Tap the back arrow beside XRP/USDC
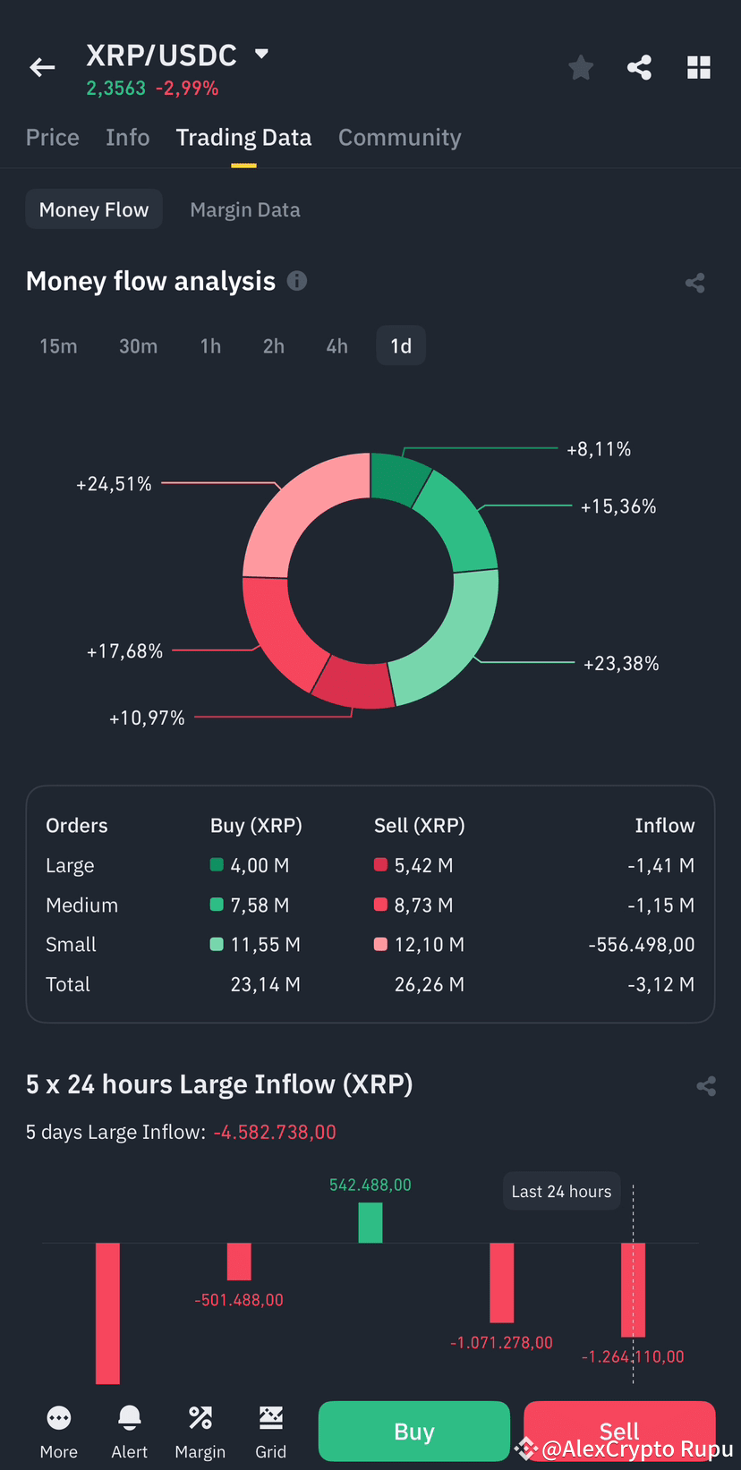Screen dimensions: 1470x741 point(42,67)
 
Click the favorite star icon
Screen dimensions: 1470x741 point(581,67)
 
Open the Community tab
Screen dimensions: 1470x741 point(399,138)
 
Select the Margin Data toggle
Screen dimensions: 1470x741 point(245,210)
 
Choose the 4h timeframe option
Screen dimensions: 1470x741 point(336,346)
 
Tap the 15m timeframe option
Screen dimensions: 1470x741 point(58,346)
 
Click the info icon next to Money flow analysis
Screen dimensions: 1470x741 point(297,281)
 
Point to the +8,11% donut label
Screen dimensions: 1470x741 point(599,449)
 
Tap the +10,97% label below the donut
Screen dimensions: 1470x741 point(147,718)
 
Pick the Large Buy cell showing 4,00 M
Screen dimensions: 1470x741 point(260,865)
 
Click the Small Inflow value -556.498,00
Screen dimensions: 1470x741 point(641,945)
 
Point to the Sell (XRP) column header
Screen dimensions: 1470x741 point(419,826)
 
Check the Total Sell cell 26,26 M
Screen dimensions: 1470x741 point(429,985)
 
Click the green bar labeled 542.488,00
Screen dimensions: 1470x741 point(370,1222)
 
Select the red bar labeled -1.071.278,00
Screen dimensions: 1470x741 point(501,1282)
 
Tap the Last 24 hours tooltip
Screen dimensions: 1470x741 point(561,1192)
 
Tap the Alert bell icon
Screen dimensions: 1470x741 point(130,1420)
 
